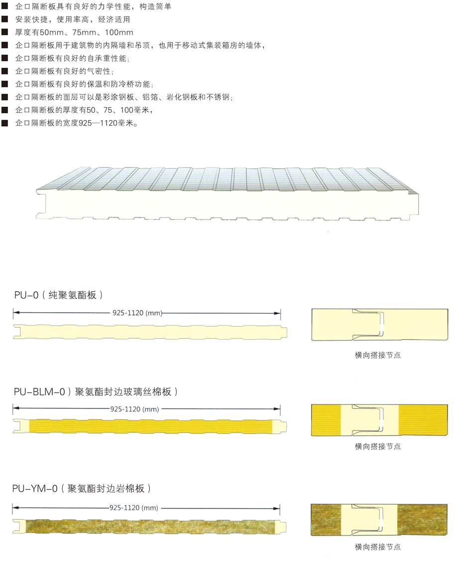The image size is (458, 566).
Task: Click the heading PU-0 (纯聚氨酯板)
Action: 59,295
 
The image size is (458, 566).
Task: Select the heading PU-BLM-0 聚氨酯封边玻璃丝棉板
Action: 95,392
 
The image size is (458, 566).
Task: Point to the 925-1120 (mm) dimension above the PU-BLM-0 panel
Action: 133,409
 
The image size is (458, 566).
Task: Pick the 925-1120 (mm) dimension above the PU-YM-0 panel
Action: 133,508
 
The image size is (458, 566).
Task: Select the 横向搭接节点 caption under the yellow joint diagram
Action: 377,446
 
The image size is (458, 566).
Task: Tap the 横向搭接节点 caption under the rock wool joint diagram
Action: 377,547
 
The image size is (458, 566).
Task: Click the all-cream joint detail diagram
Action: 377,325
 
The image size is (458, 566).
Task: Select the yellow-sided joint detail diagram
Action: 377,420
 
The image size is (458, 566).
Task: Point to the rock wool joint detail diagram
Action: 377,519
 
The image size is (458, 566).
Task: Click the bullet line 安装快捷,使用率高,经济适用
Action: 73,20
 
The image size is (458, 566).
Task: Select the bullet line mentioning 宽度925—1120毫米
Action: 77,123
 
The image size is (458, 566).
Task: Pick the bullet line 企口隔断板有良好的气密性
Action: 65,71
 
